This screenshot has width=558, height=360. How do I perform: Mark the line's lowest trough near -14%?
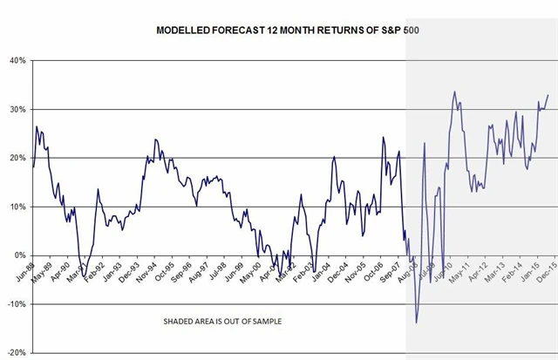point(416,323)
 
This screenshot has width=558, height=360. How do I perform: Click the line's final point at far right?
point(548,95)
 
